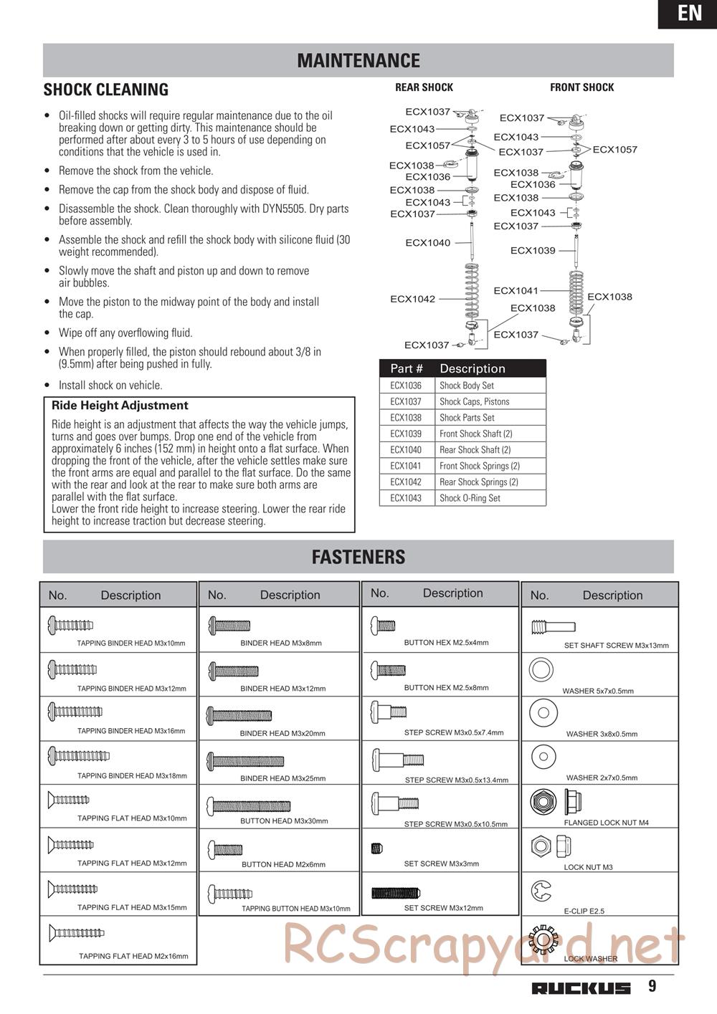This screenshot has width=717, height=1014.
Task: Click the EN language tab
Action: (x=689, y=14)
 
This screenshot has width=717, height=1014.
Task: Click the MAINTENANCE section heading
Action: (x=358, y=60)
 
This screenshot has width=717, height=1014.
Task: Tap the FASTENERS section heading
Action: (x=358, y=557)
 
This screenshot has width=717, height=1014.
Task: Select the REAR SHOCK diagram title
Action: (x=424, y=87)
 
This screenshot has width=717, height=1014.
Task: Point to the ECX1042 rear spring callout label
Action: (x=412, y=299)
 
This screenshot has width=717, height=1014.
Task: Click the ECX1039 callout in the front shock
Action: (x=533, y=250)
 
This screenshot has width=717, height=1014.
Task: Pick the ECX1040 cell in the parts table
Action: (x=406, y=450)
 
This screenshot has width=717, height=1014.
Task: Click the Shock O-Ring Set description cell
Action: (x=470, y=498)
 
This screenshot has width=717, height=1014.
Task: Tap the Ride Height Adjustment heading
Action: (x=120, y=406)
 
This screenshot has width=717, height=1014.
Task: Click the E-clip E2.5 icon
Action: (x=541, y=891)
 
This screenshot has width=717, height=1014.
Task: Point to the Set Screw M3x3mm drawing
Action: (x=377, y=849)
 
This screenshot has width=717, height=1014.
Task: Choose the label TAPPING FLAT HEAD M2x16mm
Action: (x=133, y=956)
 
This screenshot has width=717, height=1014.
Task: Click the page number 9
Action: (x=652, y=987)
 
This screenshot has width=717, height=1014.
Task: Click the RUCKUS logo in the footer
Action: (x=581, y=988)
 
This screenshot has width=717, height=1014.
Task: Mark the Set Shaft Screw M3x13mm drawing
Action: (x=549, y=628)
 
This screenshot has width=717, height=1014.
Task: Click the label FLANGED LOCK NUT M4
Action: (x=606, y=823)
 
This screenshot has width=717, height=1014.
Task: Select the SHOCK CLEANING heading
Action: (x=106, y=90)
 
